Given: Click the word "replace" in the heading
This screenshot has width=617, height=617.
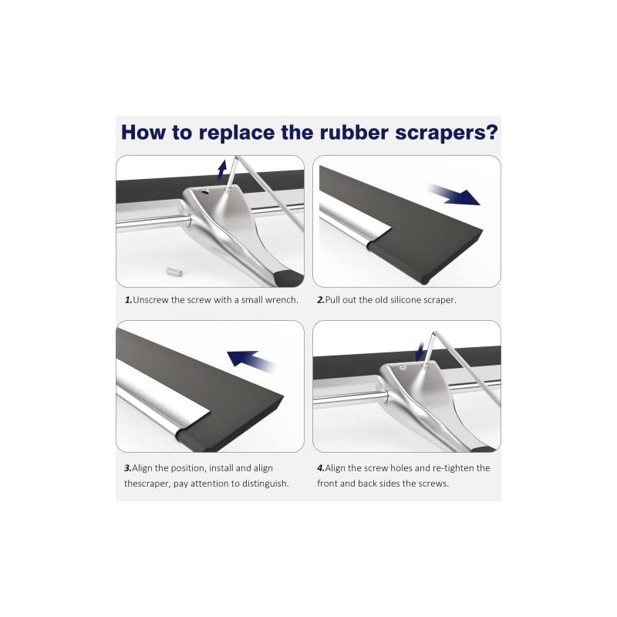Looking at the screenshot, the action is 236,133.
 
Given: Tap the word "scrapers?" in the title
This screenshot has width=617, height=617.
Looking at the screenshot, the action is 447,133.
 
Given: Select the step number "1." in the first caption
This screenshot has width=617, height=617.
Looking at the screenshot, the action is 128,300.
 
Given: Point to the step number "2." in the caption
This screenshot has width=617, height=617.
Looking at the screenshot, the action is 321,300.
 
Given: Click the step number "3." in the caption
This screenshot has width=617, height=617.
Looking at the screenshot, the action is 128,468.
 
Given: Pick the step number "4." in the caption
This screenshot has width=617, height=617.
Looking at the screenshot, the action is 321,468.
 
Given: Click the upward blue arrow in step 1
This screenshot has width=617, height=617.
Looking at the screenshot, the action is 222,169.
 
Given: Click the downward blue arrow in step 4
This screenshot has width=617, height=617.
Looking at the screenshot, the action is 420,351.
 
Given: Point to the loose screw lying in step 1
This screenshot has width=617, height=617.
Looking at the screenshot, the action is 173,271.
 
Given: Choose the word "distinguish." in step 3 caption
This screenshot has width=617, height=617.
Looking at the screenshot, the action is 265,484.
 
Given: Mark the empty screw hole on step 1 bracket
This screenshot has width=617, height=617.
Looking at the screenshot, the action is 205,191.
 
